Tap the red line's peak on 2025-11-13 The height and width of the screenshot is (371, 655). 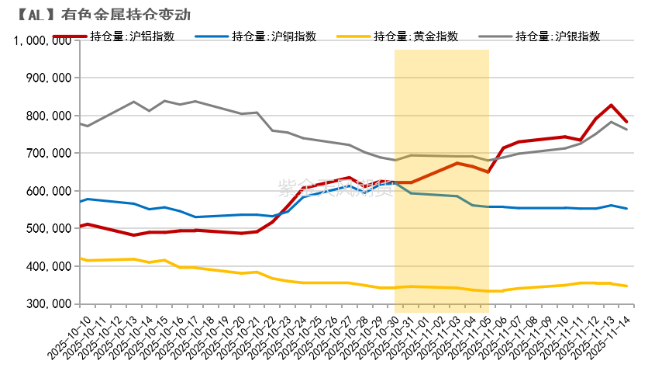point(611,106)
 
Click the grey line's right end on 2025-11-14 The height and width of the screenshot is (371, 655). point(626,130)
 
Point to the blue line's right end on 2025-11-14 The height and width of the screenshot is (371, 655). point(626,208)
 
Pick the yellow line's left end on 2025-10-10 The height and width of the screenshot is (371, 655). point(81,258)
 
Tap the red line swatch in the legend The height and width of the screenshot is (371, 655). point(69,36)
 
